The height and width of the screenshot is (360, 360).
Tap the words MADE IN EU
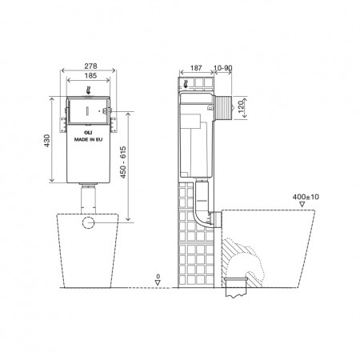tap(89, 138)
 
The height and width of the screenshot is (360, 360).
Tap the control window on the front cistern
tap(89, 108)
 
